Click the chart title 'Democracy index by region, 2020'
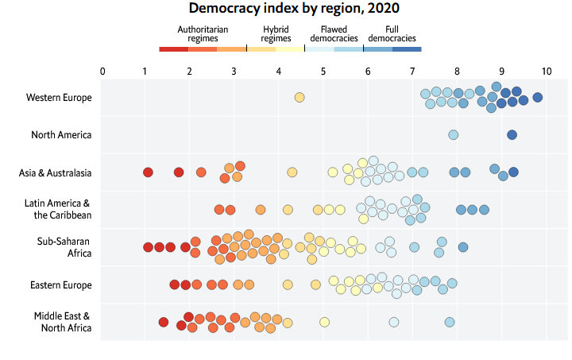pos(294,8)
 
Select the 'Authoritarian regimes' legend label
pos(203,34)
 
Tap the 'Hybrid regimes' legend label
pos(276,34)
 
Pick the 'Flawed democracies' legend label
pos(334,34)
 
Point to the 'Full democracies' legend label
pos(392,34)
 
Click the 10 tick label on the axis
pos(546,71)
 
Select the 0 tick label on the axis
pos(102,71)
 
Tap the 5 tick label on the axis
pos(323,71)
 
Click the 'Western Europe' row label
pos(59,98)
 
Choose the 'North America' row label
pos(61,135)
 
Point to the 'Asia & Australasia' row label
pos(55,172)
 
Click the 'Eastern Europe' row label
pos(61,285)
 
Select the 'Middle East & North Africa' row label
pos(63,322)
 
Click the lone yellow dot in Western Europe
pos(300,98)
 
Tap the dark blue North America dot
pos(512,134)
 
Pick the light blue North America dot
pos(453,134)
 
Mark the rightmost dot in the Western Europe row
pos(537,98)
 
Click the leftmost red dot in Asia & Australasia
pos(148,172)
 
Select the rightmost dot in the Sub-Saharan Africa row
pos(463,247)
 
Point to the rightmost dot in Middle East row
pos(450,322)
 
